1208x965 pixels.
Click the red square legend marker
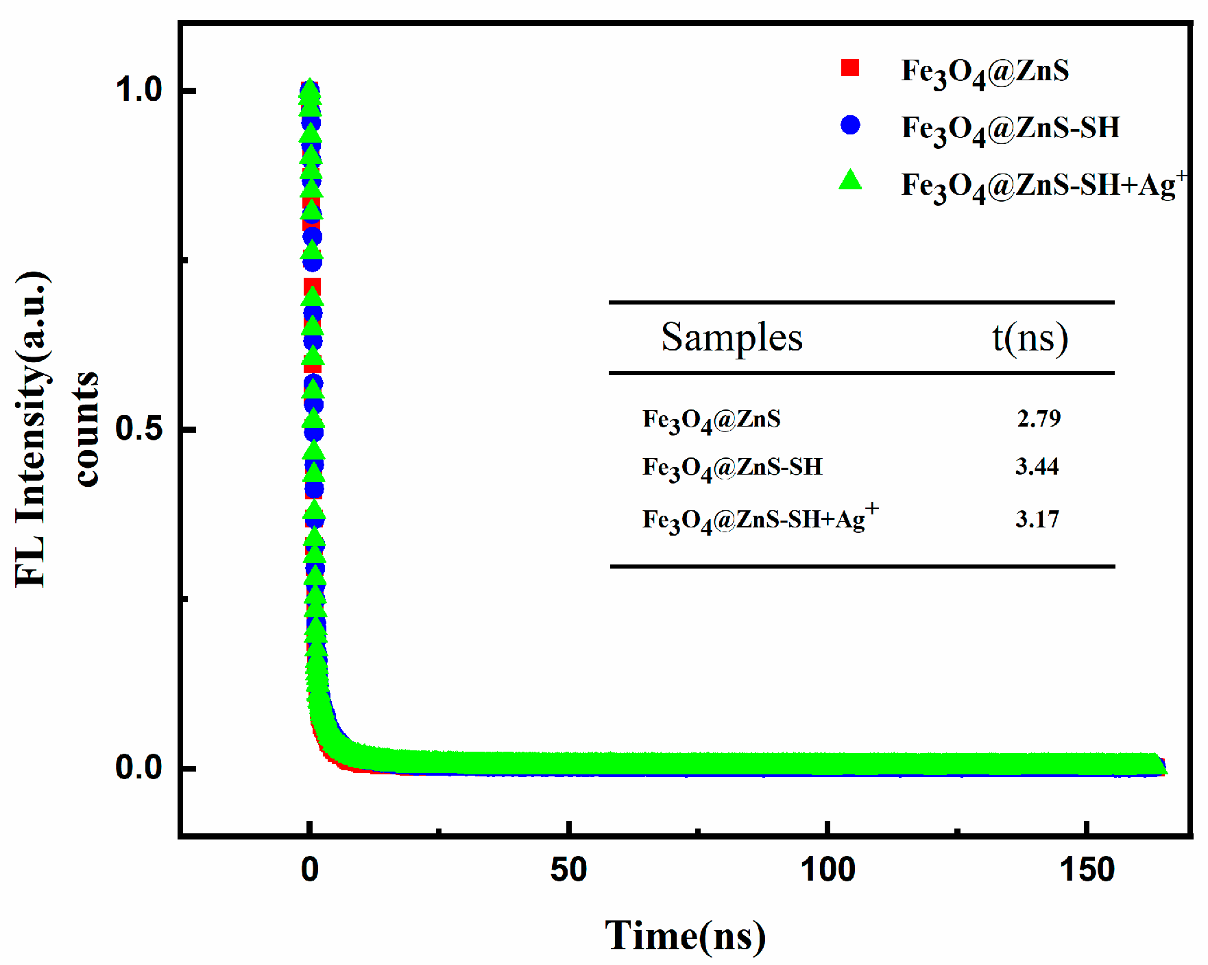click(x=850, y=68)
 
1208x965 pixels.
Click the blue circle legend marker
click(x=850, y=125)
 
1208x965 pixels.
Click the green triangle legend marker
click(x=850, y=180)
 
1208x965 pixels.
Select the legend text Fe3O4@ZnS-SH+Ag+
click(x=1042, y=185)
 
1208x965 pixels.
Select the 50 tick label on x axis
click(x=568, y=870)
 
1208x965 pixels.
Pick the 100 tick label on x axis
click(x=828, y=870)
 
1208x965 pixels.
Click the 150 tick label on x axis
click(x=1087, y=870)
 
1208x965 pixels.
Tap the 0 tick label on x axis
click(x=310, y=870)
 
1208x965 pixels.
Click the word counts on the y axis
click(x=86, y=429)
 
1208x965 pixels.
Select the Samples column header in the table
click(x=732, y=337)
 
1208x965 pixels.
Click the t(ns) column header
click(x=1030, y=337)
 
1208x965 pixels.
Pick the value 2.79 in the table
click(x=1039, y=418)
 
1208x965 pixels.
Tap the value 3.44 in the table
click(x=1037, y=467)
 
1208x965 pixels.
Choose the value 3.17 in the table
click(x=1037, y=519)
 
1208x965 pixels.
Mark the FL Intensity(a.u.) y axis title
click(x=32, y=429)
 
